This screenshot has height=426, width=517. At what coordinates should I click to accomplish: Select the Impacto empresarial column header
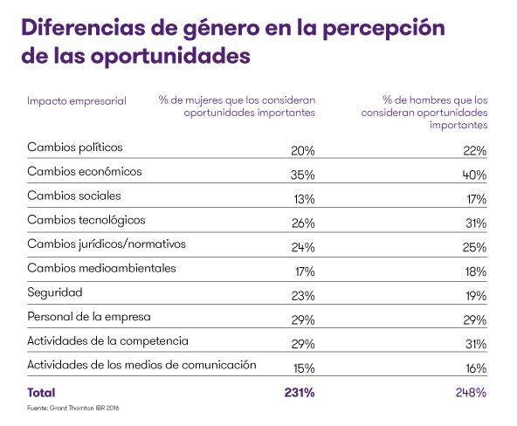coord(77,100)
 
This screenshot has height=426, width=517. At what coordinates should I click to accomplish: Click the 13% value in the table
coord(302,198)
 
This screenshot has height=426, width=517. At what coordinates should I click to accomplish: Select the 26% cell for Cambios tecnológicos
coord(302,223)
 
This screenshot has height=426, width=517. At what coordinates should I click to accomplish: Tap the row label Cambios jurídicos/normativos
coord(107,244)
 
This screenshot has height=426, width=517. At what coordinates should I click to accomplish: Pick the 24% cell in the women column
coord(302,247)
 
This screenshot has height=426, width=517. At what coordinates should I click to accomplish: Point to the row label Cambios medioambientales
coord(101,268)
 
